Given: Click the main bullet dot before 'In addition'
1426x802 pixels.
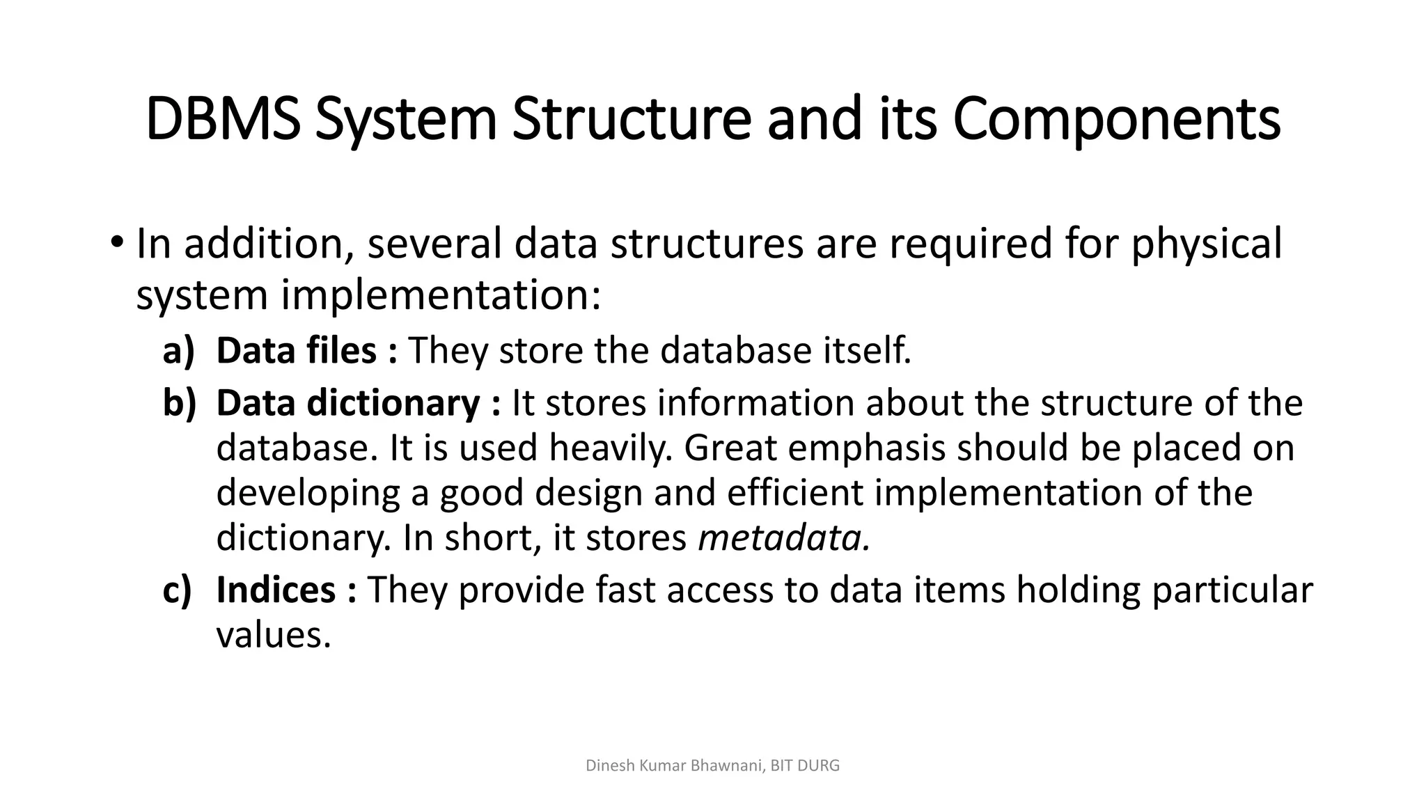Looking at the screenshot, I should (116, 243).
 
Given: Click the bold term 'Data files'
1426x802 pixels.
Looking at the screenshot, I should (296, 350).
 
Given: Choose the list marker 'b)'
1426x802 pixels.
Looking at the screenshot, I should (179, 403).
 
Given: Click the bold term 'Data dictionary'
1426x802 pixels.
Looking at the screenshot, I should (347, 403).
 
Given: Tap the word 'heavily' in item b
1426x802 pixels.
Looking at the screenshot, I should (611, 448).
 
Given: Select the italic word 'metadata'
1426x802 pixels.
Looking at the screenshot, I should (783, 537).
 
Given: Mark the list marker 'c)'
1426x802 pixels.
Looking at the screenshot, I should (177, 590).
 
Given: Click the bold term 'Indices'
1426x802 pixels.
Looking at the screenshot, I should (276, 590).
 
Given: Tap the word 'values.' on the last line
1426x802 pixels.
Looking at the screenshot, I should (273, 634).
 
